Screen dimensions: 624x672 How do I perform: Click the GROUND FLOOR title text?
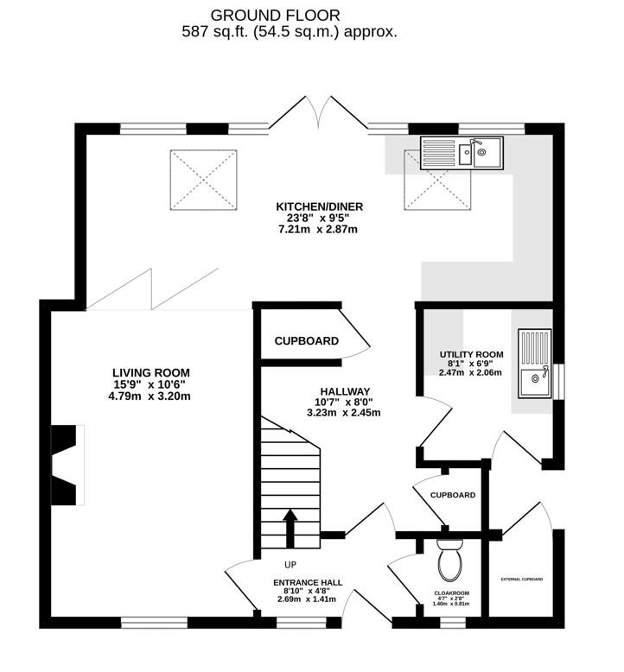pos(275,16)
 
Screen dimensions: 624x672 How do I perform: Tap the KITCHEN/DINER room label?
pos(320,207)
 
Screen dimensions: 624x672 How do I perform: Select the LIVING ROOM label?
pos(151,373)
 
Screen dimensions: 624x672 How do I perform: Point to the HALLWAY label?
pos(345,391)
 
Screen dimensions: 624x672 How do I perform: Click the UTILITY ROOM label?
pos(471,354)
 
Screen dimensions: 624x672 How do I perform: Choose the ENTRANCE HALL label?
pos(308,582)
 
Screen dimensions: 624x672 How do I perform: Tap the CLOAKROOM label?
pos(452,593)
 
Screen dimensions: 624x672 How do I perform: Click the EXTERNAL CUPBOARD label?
pos(522,579)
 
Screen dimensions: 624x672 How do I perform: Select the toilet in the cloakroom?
pos(450,559)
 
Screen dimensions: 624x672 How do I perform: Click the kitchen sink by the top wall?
pos(462,154)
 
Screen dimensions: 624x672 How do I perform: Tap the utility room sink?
pos(534,364)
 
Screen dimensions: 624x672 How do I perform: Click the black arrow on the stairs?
pos(290,529)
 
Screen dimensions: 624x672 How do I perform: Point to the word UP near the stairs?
pos(290,565)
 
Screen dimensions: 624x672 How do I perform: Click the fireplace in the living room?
pos(67,465)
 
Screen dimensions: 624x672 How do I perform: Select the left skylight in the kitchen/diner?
pos(204,180)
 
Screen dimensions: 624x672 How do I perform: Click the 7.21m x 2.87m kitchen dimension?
pos(318,229)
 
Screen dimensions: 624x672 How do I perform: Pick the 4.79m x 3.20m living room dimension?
pos(150,396)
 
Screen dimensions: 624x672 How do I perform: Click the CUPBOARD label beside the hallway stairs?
pos(307,341)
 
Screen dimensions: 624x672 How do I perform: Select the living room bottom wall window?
pos(155,623)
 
